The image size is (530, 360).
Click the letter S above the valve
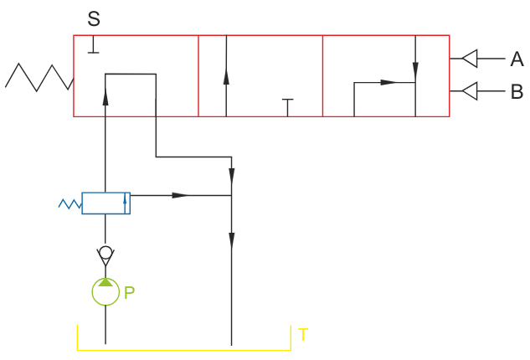pyautogui.click(x=94, y=18)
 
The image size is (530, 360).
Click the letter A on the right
pyautogui.click(x=517, y=59)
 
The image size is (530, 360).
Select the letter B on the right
pyautogui.click(x=517, y=90)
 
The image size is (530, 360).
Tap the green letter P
pyautogui.click(x=129, y=292)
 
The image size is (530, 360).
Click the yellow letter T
pyautogui.click(x=303, y=335)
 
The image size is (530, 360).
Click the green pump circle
pyautogui.click(x=105, y=291)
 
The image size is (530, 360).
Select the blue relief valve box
pyautogui.click(x=105, y=203)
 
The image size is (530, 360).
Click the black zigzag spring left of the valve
pyautogui.click(x=39, y=76)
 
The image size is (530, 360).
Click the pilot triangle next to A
pyautogui.click(x=470, y=59)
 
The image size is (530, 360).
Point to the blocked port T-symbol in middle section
pyautogui.click(x=287, y=105)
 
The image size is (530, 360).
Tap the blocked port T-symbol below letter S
pyautogui.click(x=94, y=45)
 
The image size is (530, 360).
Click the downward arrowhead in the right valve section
pyautogui.click(x=415, y=70)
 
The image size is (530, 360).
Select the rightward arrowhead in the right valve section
pyautogui.click(x=388, y=82)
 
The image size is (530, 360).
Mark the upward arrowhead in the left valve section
pyautogui.click(x=105, y=97)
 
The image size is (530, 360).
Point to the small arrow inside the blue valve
pyautogui.click(x=125, y=201)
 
